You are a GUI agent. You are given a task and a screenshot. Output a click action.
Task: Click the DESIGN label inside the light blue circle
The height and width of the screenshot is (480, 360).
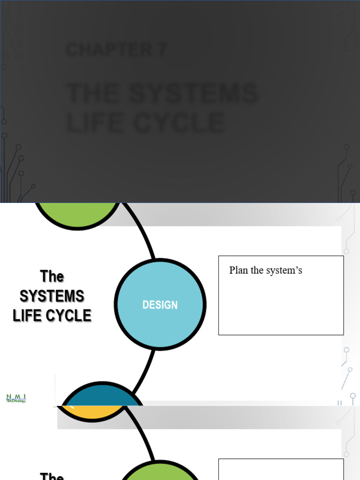[x=160, y=305]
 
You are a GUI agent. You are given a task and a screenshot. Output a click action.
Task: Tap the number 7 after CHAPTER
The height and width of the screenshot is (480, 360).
[x=162, y=50]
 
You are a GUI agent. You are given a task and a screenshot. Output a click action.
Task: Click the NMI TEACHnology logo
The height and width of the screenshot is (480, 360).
[x=16, y=398]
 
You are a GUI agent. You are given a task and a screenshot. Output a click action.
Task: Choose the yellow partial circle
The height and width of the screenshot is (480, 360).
[x=94, y=413]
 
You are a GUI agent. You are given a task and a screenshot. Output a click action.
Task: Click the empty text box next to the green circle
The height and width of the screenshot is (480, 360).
[x=281, y=469]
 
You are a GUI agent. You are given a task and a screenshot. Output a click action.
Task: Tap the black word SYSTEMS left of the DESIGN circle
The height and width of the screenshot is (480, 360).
[x=52, y=296]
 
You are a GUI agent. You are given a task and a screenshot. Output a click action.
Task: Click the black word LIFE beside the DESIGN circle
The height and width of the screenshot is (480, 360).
[x=29, y=315]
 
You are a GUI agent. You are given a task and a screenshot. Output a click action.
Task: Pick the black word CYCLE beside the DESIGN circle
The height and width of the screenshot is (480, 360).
[x=69, y=315]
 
